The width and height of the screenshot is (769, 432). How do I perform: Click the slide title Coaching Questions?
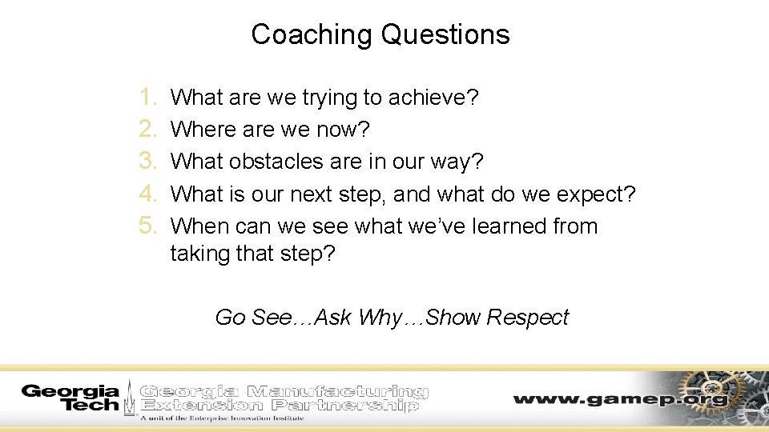(380, 34)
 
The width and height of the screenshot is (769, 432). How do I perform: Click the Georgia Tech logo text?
(70, 398)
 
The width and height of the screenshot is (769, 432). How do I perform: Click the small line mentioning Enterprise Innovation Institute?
(222, 418)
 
